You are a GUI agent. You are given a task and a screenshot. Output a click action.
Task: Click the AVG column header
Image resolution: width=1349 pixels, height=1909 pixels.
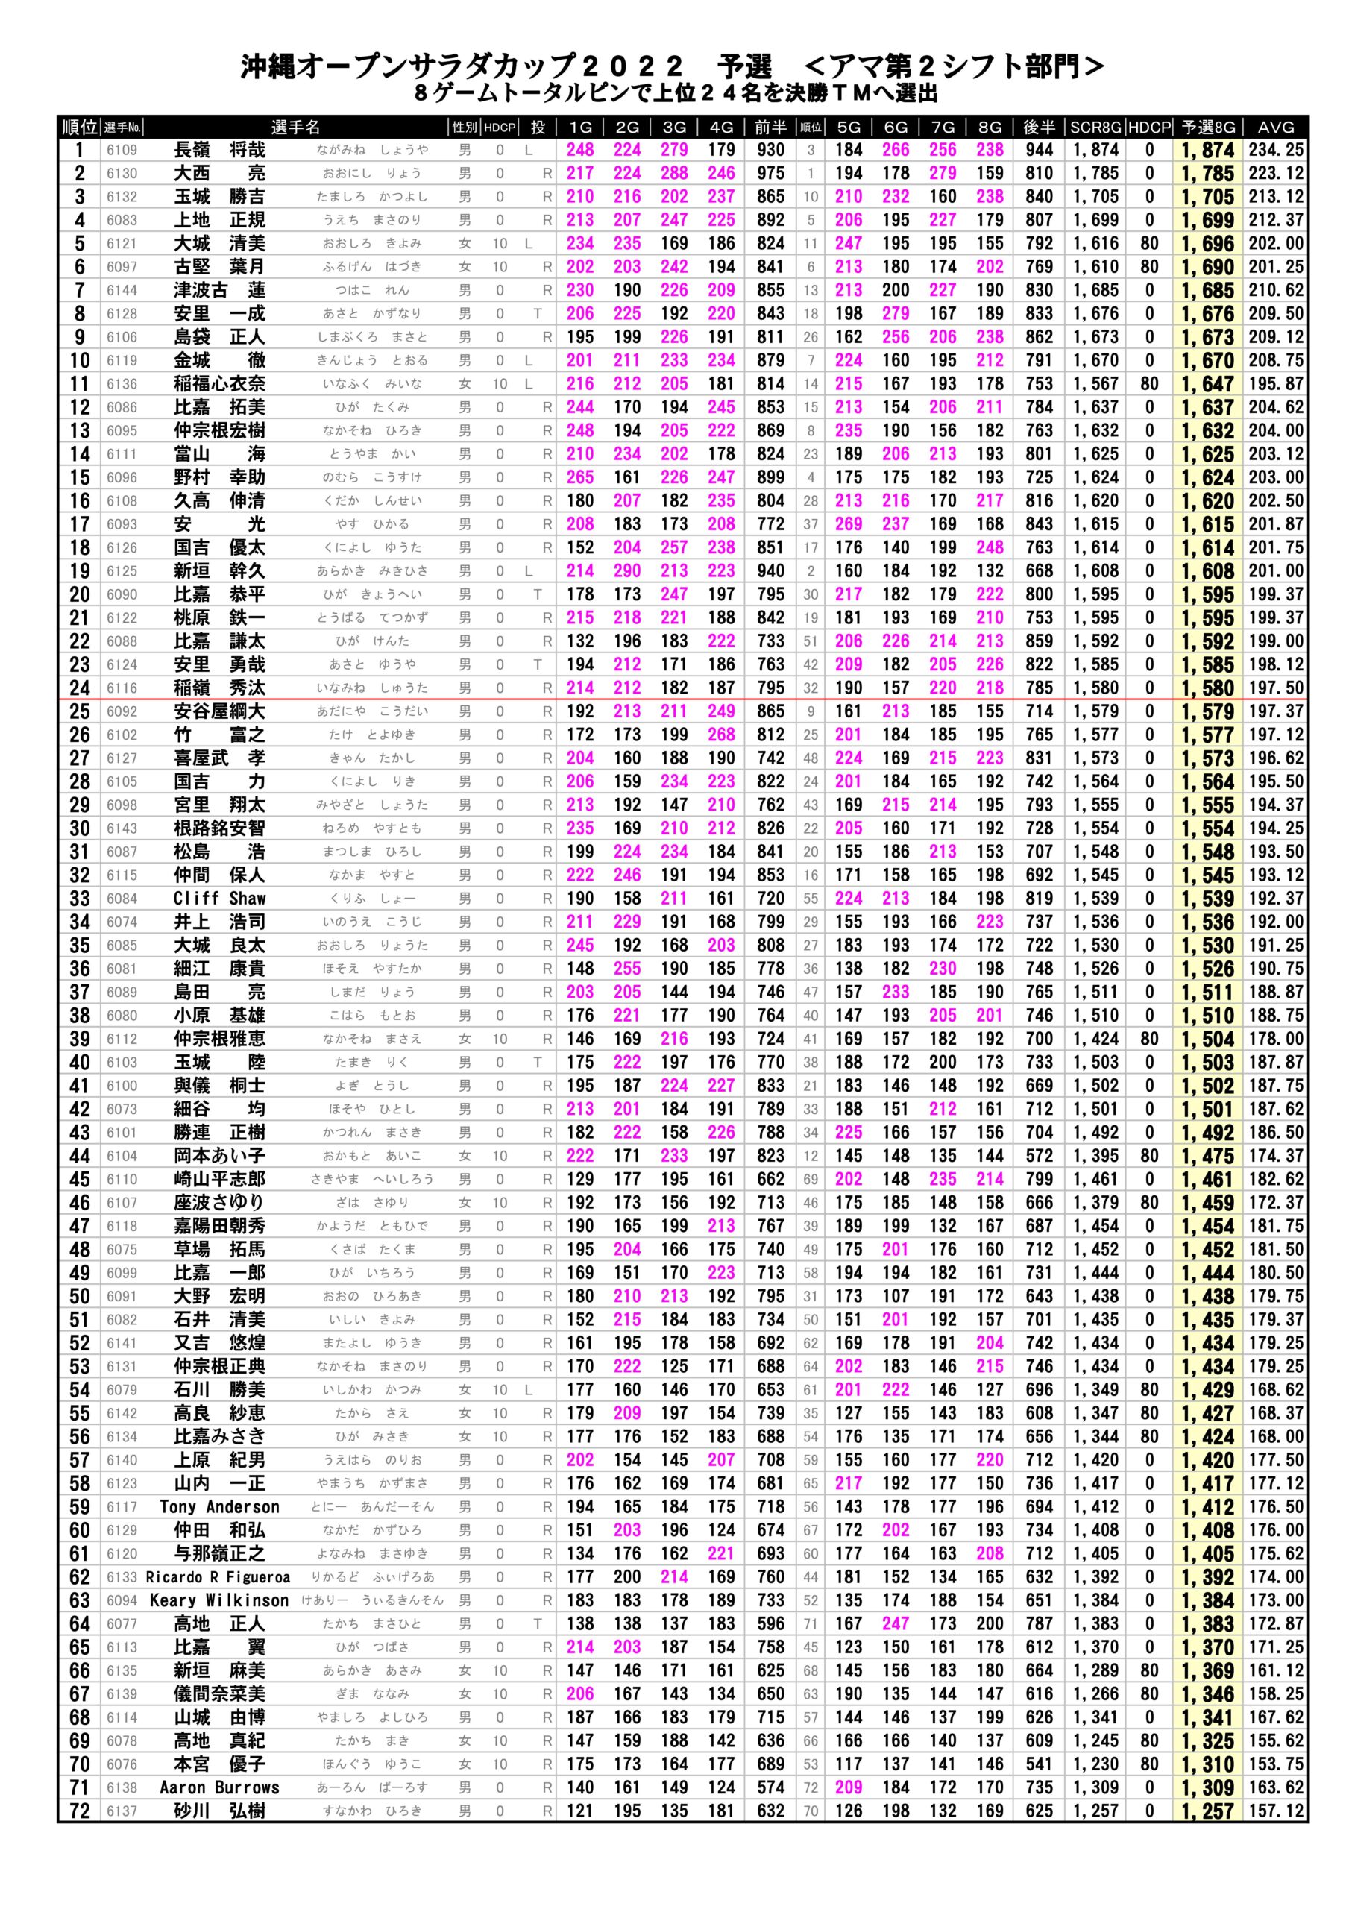click(x=1275, y=128)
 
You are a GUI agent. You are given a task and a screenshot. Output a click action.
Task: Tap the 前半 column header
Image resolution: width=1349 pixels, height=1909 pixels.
click(x=770, y=128)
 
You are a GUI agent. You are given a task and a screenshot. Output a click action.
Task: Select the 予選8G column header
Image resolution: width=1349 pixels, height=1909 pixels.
click(x=1207, y=128)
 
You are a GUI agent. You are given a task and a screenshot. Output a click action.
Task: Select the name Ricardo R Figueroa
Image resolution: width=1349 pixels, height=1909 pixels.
click(x=218, y=1577)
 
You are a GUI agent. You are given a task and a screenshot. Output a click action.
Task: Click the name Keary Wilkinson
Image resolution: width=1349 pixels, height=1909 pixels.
click(x=219, y=1600)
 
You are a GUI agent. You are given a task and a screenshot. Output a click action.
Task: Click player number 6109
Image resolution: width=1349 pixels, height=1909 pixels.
click(x=122, y=151)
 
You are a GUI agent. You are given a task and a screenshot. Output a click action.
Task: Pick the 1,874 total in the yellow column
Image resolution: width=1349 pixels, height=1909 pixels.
click(x=1207, y=151)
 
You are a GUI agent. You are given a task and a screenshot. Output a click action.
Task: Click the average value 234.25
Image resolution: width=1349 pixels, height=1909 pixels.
click(x=1276, y=151)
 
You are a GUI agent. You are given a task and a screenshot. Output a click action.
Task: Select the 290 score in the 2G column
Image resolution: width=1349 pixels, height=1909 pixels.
click(x=627, y=571)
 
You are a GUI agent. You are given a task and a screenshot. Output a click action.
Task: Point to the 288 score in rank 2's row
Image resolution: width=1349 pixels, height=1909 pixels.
click(x=673, y=174)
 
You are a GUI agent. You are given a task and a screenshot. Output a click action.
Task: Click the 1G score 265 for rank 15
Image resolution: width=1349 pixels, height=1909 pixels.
click(x=579, y=477)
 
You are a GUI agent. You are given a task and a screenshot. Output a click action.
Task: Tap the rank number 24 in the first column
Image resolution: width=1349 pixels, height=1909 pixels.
click(x=79, y=688)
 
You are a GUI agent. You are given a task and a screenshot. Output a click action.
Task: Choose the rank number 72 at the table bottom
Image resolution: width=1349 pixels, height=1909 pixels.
click(x=79, y=1811)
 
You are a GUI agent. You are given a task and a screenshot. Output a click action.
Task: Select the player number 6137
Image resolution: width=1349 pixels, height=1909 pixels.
click(x=122, y=1811)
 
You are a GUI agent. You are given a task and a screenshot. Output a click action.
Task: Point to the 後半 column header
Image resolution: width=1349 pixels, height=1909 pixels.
click(x=1039, y=128)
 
